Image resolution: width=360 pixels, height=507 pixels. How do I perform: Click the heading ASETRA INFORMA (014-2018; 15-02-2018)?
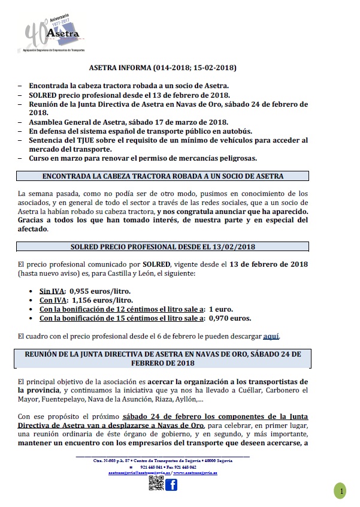point(163,69)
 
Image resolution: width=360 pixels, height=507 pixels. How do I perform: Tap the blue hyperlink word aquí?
point(271,335)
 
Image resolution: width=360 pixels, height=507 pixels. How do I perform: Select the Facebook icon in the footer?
point(171,484)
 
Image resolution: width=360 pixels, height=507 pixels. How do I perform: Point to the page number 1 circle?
point(341,491)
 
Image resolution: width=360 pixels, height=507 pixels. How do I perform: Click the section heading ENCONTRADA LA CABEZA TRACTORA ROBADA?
point(163,176)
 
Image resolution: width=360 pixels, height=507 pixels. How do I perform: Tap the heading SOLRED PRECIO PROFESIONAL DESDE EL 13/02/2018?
point(163,230)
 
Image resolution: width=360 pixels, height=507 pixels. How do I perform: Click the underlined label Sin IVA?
point(41,290)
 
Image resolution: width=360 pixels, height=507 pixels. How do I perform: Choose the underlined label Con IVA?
point(43,300)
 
